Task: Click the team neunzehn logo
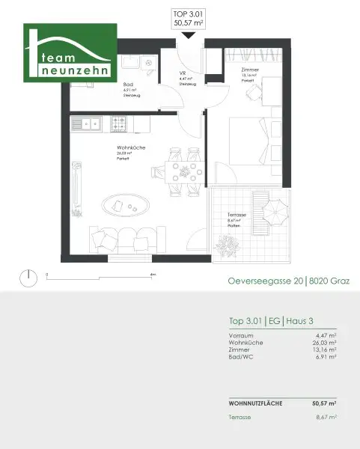click(x=70, y=53)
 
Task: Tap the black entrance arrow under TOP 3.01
click(x=187, y=34)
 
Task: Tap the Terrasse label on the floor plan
click(x=237, y=215)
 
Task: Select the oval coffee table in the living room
click(x=123, y=204)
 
